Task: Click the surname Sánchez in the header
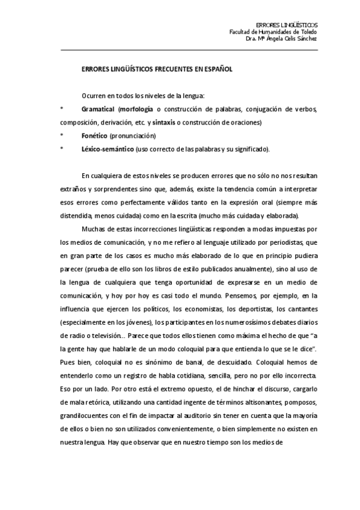point(305,38)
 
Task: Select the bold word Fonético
point(94,136)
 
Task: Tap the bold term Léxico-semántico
point(108,149)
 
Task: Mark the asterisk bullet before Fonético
point(61,136)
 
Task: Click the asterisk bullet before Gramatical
point(61,109)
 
